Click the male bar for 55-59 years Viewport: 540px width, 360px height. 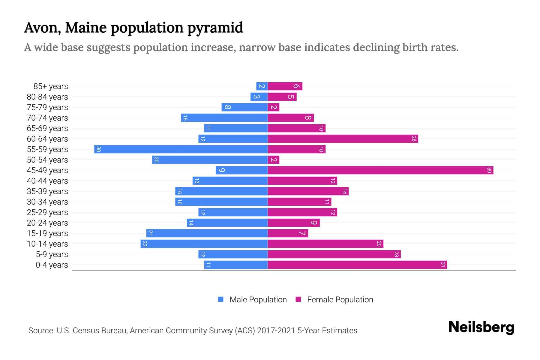[181, 149]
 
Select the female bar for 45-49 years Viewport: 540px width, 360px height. [380, 170]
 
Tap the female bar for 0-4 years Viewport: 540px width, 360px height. [357, 265]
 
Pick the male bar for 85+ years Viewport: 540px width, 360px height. [262, 86]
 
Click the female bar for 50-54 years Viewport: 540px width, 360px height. [273, 160]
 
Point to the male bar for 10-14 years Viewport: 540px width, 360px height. [204, 244]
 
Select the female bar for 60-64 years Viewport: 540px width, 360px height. [343, 139]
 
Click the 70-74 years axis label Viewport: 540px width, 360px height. [47, 118]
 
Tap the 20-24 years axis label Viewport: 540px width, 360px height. [47, 223]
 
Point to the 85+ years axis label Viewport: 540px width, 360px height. [51, 86]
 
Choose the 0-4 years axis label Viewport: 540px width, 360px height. [52, 265]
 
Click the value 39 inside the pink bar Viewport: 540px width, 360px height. [489, 170]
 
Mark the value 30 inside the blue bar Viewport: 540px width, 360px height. [98, 149]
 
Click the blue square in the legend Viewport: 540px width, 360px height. [221, 299]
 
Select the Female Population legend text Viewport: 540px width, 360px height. [340, 300]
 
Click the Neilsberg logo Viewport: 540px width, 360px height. [481, 327]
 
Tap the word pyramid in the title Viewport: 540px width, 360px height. [215, 28]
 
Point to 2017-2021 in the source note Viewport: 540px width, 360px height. [276, 331]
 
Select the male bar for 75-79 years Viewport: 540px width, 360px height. [244, 107]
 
